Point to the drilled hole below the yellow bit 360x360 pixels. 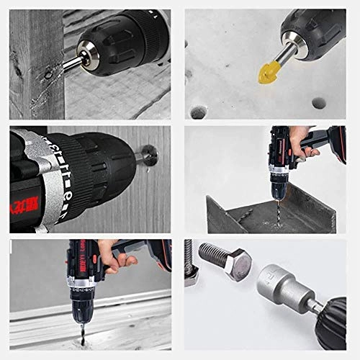click(x=199, y=111)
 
